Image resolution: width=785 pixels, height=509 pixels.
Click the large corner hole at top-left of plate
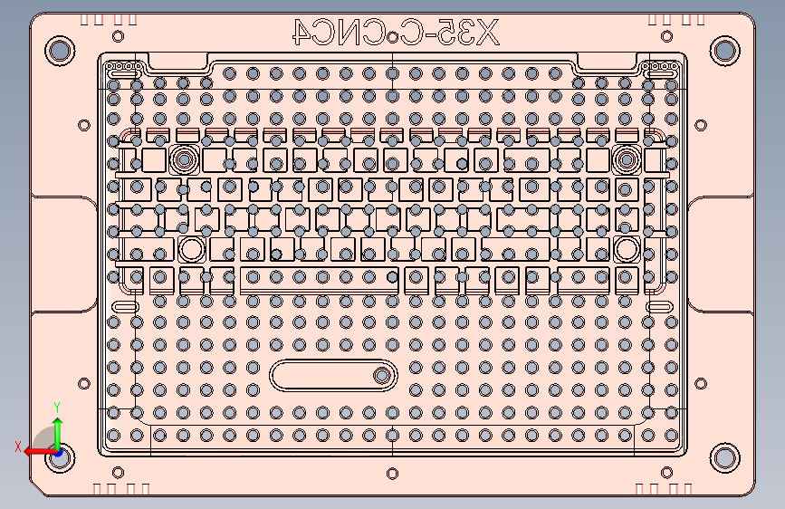tap(60, 50)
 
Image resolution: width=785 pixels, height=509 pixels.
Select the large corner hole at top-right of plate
tap(723, 50)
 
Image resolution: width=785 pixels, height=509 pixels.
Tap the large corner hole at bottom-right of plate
tap(723, 456)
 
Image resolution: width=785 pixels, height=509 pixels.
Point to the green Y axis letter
tap(57, 407)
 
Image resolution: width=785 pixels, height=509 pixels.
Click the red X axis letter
tap(17, 447)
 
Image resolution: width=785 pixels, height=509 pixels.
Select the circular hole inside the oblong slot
tap(382, 374)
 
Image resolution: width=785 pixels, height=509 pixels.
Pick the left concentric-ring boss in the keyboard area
tap(185, 159)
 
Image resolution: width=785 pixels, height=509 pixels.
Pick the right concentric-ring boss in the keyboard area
tap(625, 159)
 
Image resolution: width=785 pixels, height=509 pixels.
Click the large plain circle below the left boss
tap(191, 249)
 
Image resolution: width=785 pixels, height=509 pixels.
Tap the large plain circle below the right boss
tap(625, 249)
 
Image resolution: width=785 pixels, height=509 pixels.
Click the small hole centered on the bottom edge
tap(391, 473)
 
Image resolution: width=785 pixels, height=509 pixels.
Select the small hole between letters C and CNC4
tap(392, 37)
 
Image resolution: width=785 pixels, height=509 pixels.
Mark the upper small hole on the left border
tap(84, 125)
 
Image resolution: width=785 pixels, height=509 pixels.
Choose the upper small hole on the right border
tap(700, 125)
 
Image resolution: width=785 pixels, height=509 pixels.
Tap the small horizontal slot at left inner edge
tap(124, 309)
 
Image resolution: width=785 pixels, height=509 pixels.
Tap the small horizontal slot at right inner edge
tap(659, 309)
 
